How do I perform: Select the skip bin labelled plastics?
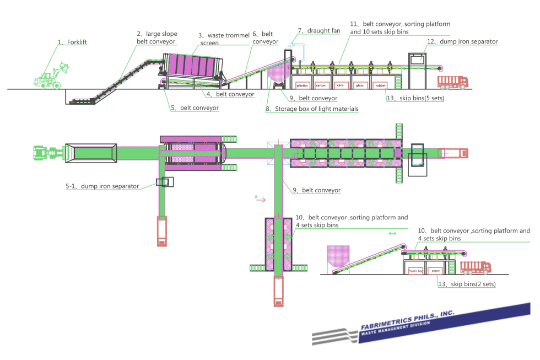click(302, 85)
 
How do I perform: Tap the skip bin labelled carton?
click(321, 85)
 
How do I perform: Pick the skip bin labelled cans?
click(340, 85)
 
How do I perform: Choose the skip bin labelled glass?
click(359, 85)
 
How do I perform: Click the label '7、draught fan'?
click(318, 30)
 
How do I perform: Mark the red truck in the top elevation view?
click(452, 82)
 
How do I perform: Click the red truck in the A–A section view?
click(476, 268)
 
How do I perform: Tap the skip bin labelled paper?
click(436, 271)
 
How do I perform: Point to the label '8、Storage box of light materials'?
click(312, 109)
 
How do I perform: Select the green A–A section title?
click(392, 234)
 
